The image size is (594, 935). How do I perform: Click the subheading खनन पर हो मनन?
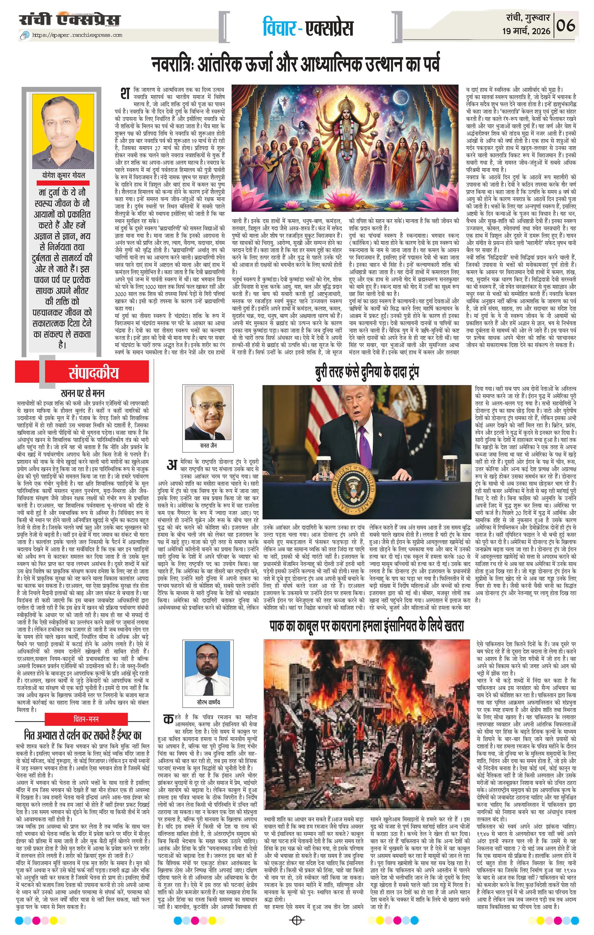83,393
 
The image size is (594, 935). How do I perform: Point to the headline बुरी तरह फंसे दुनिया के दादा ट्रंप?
367,373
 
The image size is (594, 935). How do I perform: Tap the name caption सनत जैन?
208,446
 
